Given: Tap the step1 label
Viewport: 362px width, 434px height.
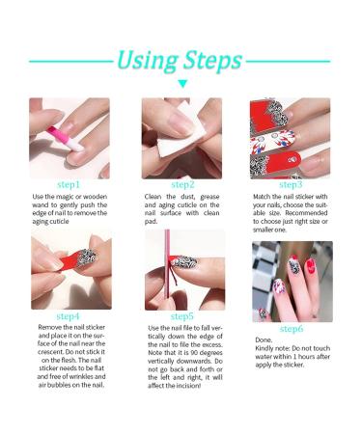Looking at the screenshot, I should [69, 184].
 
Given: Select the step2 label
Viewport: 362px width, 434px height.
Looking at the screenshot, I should [182, 184].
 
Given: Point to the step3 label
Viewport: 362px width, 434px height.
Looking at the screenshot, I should [291, 184].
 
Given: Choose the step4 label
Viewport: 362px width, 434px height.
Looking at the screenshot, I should [69, 315].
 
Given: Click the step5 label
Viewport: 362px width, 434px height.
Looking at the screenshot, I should [182, 315].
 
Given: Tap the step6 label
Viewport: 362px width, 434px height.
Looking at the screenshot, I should [291, 329].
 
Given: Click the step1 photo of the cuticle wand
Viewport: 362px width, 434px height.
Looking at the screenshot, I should [70, 138].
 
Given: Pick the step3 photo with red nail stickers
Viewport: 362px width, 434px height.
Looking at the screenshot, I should [291, 138].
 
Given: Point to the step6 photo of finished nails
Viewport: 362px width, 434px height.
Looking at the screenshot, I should [292, 281].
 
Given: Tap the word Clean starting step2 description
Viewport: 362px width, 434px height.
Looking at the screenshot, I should [158, 197].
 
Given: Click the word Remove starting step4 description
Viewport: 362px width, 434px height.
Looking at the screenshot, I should [46, 328].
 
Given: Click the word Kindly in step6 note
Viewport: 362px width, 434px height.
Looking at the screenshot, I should [267, 350].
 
